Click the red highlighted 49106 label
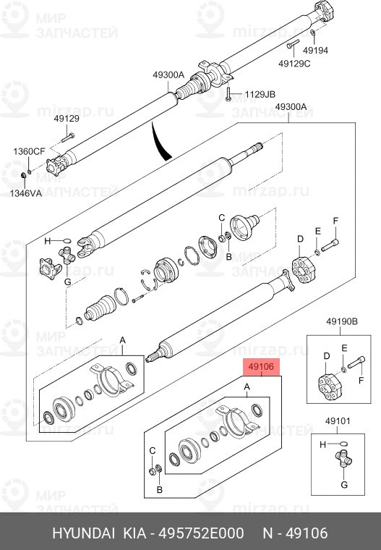(260, 367)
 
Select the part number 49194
(315, 51)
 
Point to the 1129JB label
(260, 95)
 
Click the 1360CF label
(29, 151)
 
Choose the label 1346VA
(26, 194)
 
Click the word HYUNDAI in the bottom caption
(82, 533)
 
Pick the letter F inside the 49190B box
(361, 378)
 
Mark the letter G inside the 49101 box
(343, 483)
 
